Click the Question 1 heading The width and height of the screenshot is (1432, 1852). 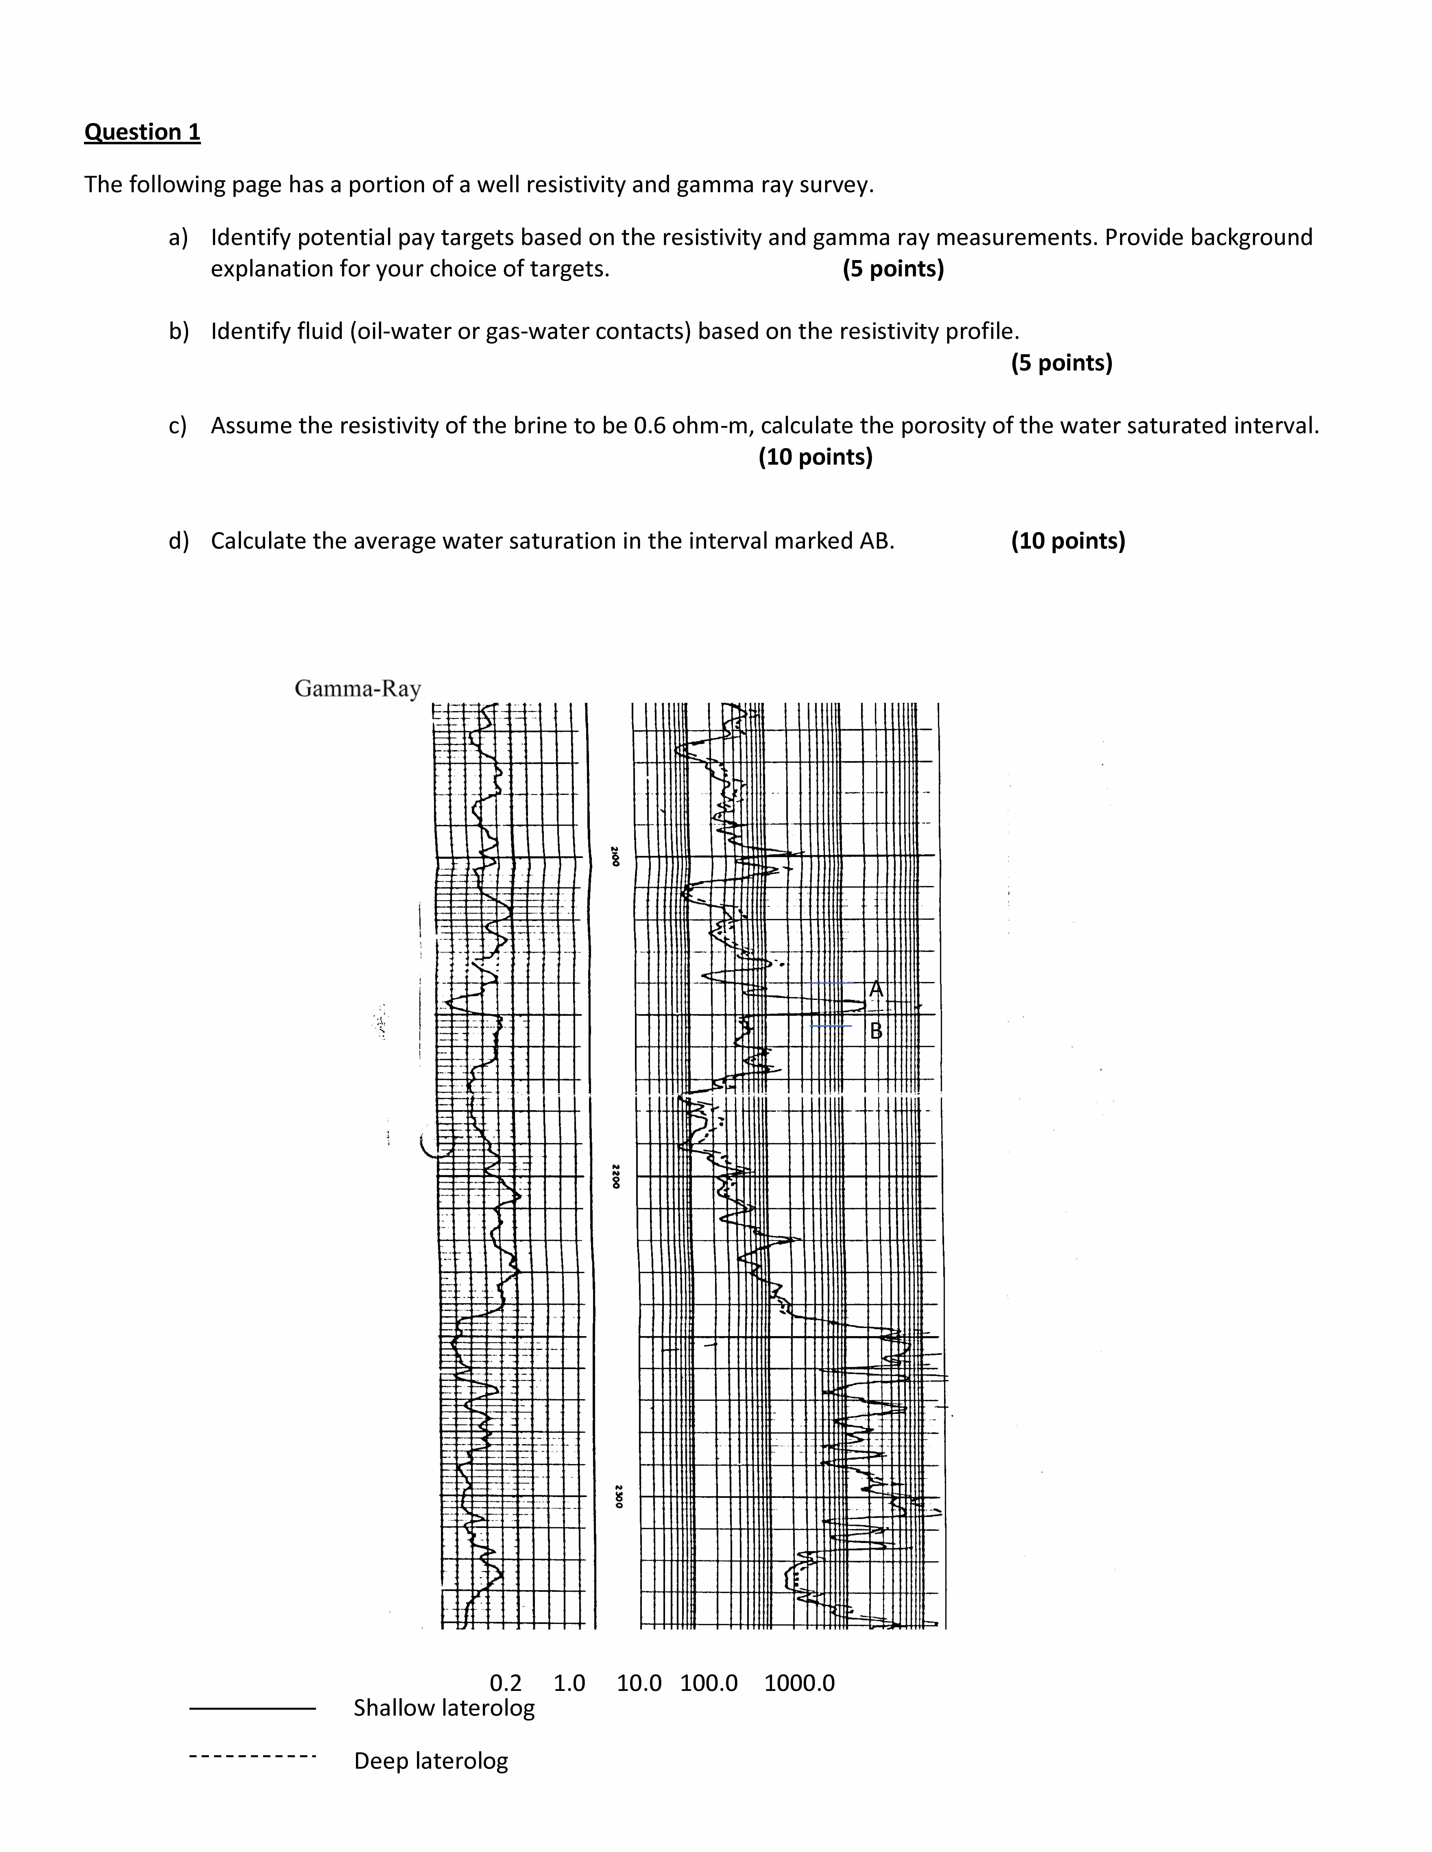(x=143, y=132)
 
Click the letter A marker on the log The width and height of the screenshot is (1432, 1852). (x=876, y=989)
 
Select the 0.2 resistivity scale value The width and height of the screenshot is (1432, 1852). (x=506, y=1683)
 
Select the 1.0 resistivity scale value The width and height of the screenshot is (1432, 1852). (x=569, y=1683)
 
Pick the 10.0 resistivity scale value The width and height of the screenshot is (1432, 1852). (x=639, y=1683)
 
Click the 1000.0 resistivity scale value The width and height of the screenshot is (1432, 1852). (x=799, y=1683)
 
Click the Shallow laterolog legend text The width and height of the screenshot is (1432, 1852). (x=444, y=1708)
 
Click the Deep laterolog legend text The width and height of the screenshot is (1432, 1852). (x=431, y=1761)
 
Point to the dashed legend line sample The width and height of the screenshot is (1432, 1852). (x=252, y=1755)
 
